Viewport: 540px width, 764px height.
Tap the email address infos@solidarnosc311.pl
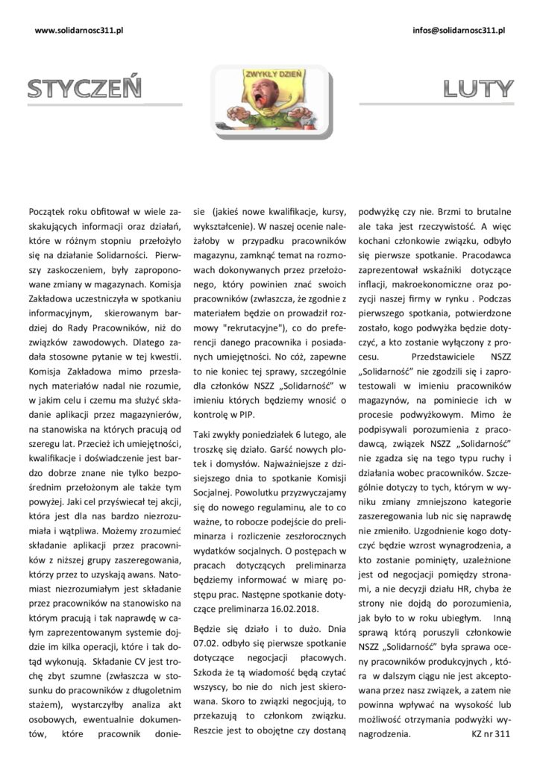point(459,30)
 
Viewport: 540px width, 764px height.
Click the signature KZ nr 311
point(490,733)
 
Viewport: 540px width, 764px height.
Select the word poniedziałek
point(269,433)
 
